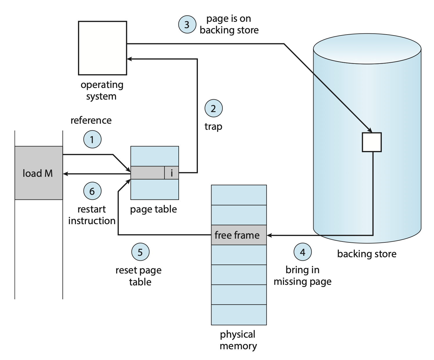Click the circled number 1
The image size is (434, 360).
(x=92, y=140)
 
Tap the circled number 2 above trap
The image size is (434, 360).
(x=214, y=109)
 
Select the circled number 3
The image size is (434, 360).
(x=187, y=25)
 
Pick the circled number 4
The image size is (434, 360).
(x=303, y=252)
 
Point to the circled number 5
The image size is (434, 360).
(x=140, y=252)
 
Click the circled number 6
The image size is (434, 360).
(x=92, y=191)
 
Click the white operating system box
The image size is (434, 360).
(x=102, y=48)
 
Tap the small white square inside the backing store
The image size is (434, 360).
(x=372, y=142)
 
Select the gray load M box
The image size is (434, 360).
(x=39, y=173)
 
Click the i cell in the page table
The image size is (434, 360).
(x=171, y=173)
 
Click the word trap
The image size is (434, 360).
(x=213, y=127)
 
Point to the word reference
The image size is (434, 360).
(x=91, y=120)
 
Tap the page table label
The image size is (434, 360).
(x=153, y=209)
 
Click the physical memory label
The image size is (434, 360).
(x=238, y=340)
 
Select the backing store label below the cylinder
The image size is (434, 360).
(x=367, y=254)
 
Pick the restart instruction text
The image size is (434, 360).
(x=92, y=215)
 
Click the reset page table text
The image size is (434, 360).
(x=139, y=276)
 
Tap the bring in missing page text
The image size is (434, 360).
(x=303, y=276)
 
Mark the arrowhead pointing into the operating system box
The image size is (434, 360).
(x=129, y=59)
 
